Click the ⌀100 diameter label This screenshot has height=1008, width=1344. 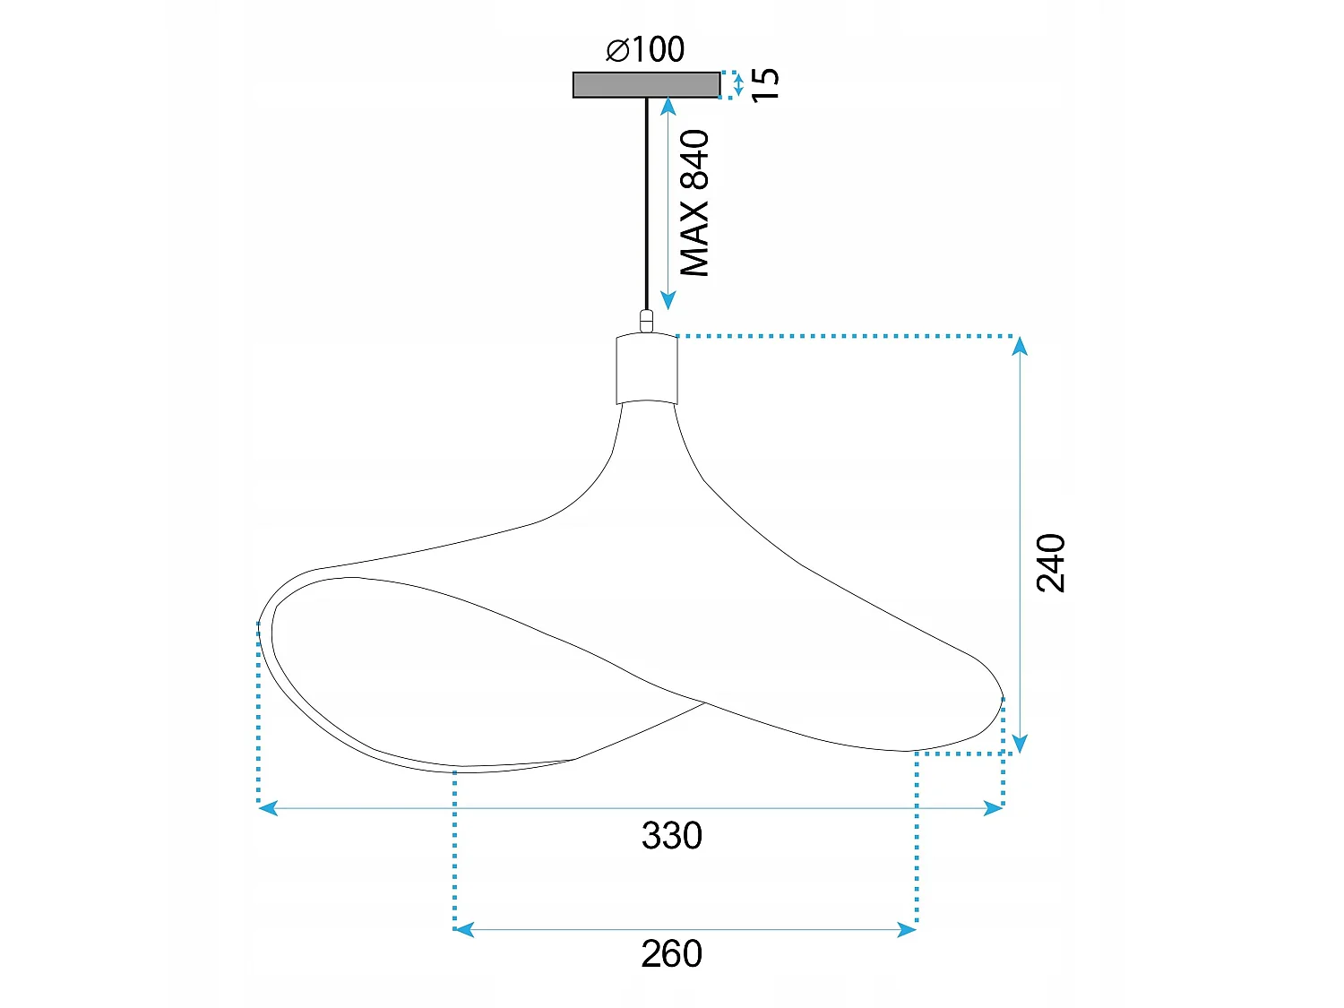pos(645,49)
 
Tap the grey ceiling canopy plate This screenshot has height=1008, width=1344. pos(646,84)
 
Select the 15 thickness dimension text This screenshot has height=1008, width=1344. pos(765,85)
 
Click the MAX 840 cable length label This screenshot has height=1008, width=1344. pos(695,203)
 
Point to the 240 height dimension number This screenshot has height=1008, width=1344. pos(1051,563)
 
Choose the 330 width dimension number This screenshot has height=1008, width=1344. pos(672,835)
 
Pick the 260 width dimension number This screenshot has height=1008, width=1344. pos(672,953)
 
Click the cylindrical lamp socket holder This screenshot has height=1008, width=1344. pos(647,368)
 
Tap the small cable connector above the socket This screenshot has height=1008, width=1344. pos(646,322)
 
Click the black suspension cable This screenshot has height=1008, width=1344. pos(647,203)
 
